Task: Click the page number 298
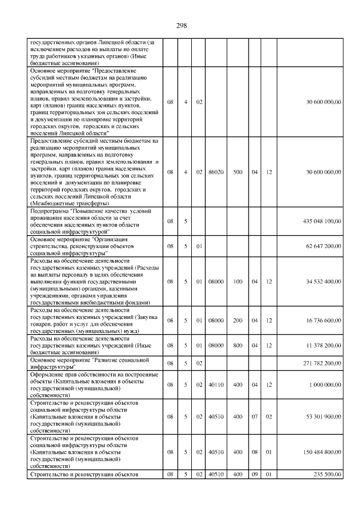click(181, 25)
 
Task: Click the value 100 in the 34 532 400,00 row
click(238, 281)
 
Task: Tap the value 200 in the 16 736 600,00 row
click(238, 320)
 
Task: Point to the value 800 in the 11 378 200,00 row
click(238, 345)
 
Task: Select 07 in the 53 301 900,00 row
click(254, 416)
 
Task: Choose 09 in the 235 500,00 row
click(254, 474)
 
